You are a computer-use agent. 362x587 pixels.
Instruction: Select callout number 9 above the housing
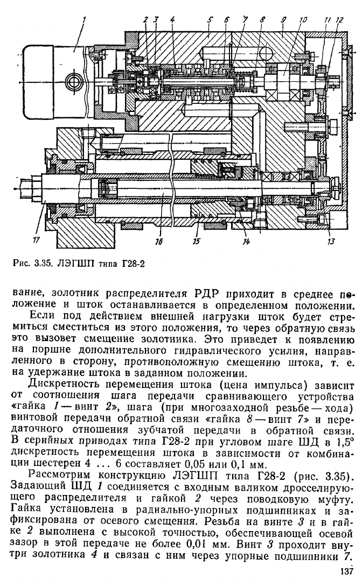point(284,19)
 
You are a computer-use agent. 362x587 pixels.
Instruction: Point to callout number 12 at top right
point(339,20)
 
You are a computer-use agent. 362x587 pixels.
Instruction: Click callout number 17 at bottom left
point(36,241)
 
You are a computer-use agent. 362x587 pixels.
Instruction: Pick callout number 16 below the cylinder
point(159,242)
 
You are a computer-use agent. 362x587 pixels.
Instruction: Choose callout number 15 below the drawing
point(196,242)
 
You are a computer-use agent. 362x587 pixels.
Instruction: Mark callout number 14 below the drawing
point(246,242)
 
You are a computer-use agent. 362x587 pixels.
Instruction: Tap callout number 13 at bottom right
point(331,242)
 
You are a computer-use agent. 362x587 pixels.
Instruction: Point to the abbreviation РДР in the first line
point(207,293)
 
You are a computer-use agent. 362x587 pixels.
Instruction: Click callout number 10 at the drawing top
point(303,20)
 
